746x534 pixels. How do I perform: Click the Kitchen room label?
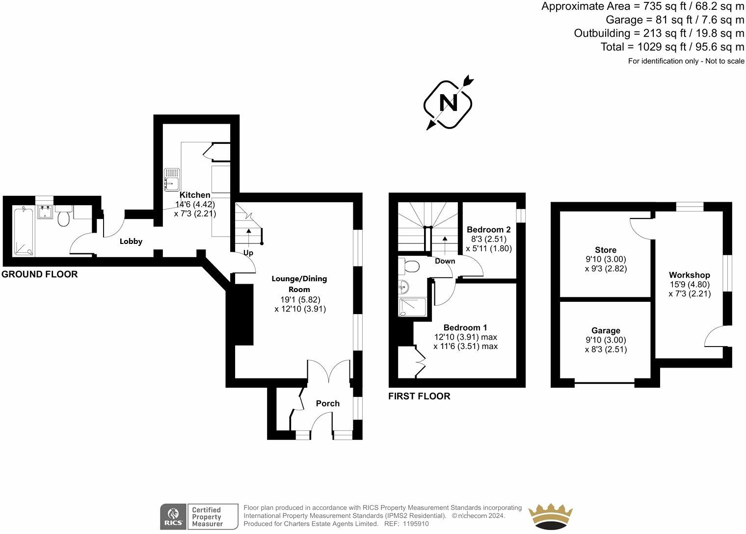coord(195,195)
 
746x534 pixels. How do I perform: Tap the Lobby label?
coord(131,241)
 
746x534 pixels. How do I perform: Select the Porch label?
coord(327,403)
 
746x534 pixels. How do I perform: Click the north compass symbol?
coord(448,104)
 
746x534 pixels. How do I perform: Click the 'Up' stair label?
coord(248,253)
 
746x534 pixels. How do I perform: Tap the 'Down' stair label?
coord(445,261)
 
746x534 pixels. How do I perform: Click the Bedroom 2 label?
coord(488,229)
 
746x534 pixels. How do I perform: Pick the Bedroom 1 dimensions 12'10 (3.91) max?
coord(465,337)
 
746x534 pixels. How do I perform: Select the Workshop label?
coord(689,275)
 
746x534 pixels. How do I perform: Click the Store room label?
coord(605,250)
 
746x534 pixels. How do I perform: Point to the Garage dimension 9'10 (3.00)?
coord(605,340)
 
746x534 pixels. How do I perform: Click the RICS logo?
coord(173,516)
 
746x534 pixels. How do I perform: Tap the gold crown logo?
coord(551,516)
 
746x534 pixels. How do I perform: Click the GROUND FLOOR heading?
coord(39,274)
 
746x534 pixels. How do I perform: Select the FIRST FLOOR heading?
coord(419,396)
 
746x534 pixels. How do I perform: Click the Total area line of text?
coord(672,47)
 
